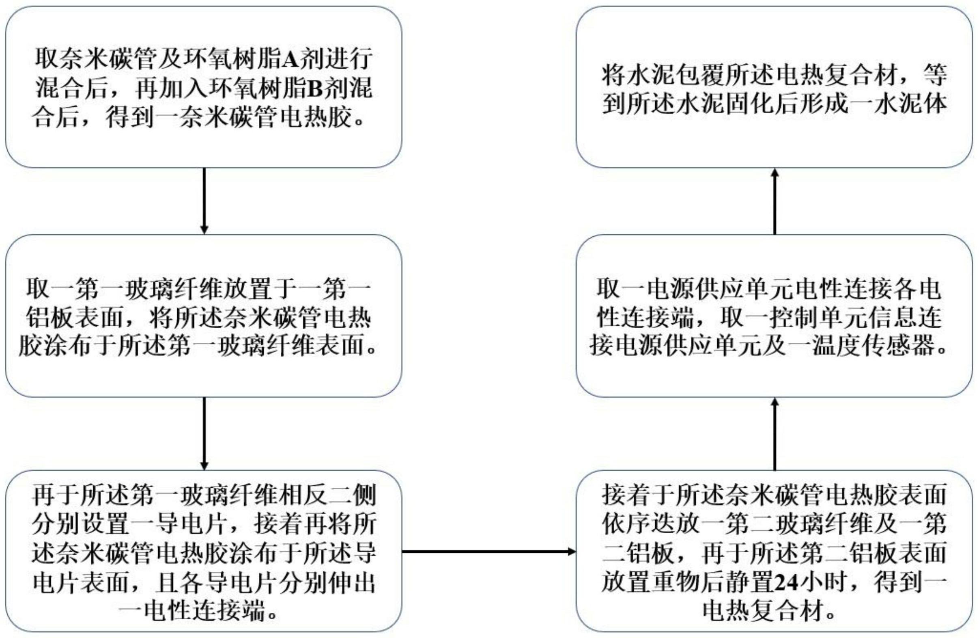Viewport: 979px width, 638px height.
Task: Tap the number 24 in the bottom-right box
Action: pos(787,583)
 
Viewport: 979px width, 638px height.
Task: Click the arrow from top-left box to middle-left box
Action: pos(204,201)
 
